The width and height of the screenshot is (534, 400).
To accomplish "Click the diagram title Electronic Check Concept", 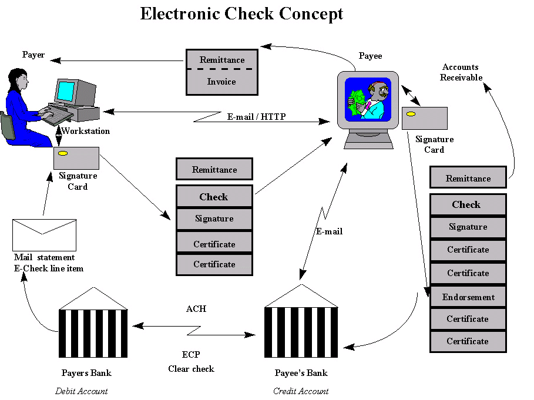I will tap(241, 14).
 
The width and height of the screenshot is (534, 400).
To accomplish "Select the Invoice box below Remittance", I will tap(221, 82).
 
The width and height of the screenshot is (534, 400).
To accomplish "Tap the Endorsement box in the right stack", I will tap(468, 297).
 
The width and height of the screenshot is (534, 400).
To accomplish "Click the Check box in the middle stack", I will tap(214, 197).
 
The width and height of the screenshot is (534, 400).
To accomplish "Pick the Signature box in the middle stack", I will tap(214, 219).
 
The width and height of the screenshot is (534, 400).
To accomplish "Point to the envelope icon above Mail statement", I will tap(44, 234).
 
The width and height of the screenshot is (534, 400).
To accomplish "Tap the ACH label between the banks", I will tap(196, 308).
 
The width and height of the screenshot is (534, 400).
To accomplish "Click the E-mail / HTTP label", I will tap(256, 117).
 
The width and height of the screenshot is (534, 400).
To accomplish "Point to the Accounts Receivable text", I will tap(461, 72).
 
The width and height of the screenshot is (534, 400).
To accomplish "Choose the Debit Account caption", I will tap(82, 391).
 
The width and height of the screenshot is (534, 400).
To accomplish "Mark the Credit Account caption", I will tap(301, 391).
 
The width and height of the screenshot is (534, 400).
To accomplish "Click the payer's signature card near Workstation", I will tap(76, 157).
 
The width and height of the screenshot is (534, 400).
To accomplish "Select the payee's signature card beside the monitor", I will tap(424, 118).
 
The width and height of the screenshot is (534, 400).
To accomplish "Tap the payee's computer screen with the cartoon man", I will tap(368, 99).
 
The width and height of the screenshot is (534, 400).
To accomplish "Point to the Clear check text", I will tap(191, 369).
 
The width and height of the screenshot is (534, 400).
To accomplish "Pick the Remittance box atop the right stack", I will tap(468, 179).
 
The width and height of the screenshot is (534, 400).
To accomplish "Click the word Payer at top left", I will tap(33, 55).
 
